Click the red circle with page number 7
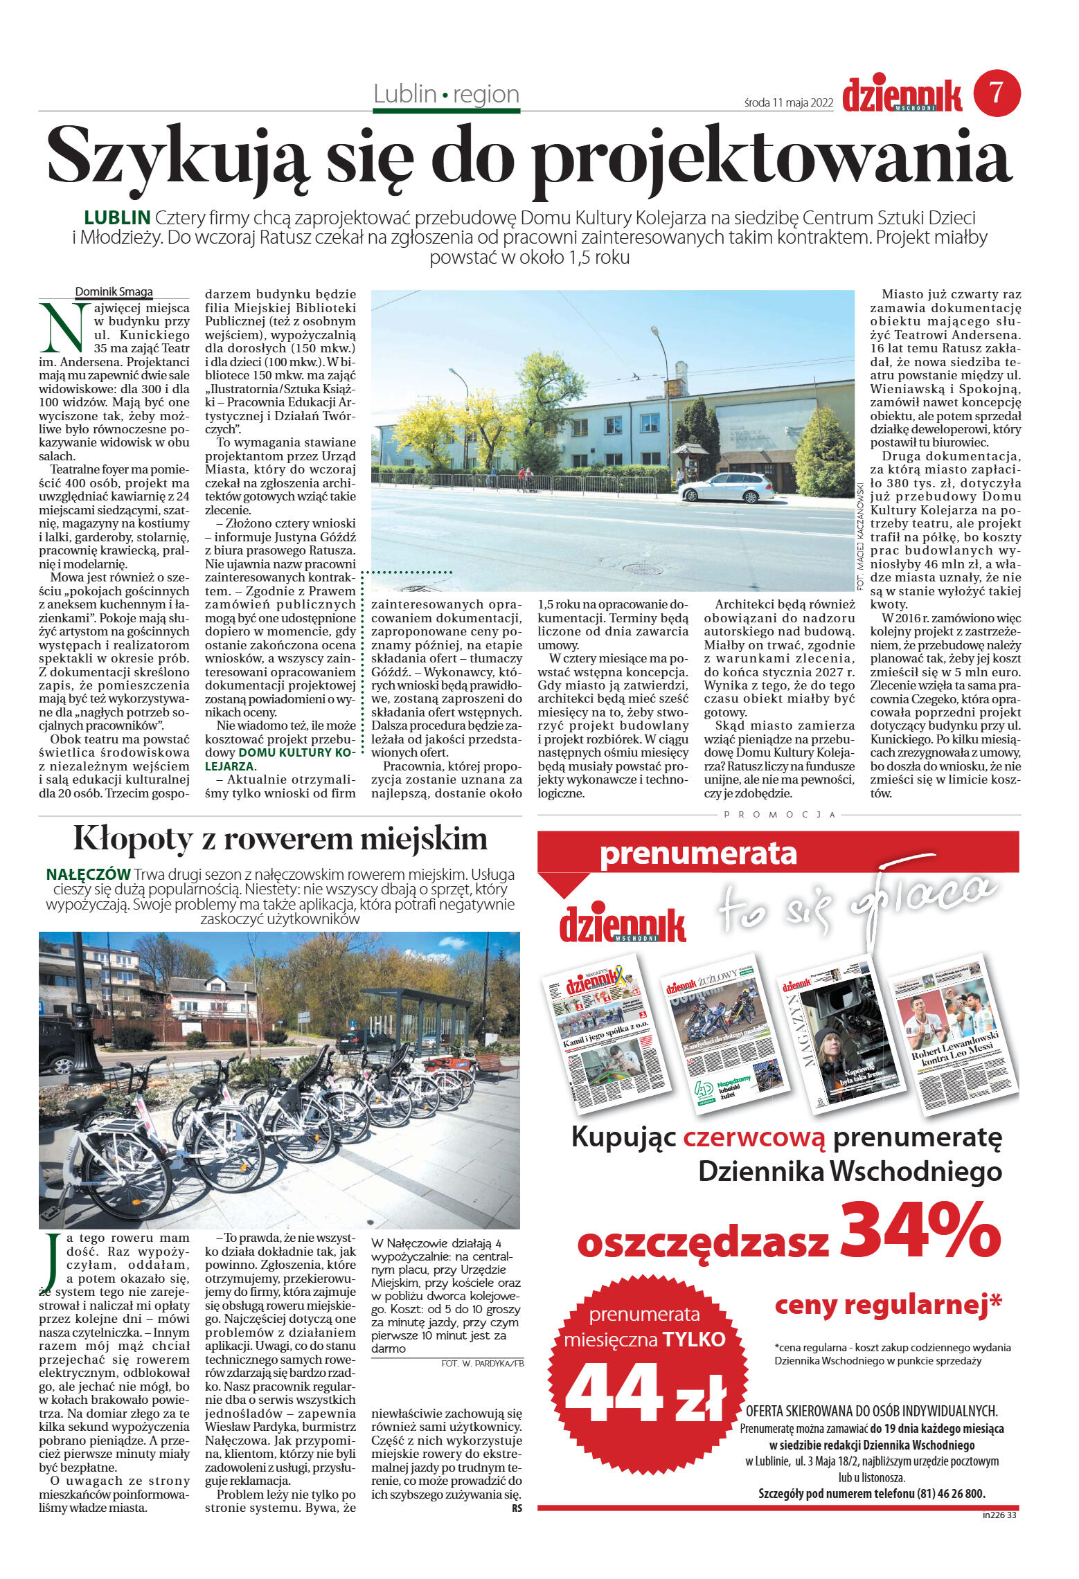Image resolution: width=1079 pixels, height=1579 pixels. tap(997, 93)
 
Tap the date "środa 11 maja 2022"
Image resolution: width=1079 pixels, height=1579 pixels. tap(788, 102)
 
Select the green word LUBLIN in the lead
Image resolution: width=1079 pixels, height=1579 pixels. tap(117, 217)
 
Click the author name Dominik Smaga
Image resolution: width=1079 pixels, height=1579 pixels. tap(114, 291)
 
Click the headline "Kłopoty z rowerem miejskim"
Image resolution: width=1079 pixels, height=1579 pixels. tap(280, 839)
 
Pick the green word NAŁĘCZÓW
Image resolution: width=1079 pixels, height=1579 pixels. tap(88, 874)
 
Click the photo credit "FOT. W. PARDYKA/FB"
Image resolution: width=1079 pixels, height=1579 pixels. tap(482, 1363)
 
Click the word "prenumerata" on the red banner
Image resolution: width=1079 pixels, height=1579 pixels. tap(697, 854)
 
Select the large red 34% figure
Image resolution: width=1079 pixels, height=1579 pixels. tap(920, 1230)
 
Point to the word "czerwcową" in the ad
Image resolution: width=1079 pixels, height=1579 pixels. tap(754, 1137)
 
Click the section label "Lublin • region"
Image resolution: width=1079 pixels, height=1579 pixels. tap(446, 94)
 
